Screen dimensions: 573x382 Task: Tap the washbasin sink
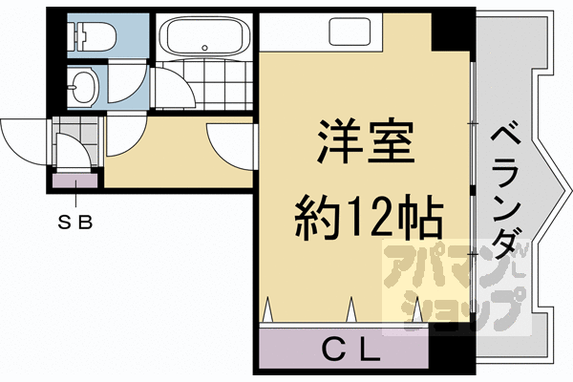(x=84, y=86)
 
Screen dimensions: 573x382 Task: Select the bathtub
(x=204, y=36)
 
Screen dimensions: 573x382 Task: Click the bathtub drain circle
(x=204, y=48)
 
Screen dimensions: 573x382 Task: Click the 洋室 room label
(x=366, y=141)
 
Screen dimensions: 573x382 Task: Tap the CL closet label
(x=350, y=350)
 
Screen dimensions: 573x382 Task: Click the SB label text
(x=75, y=222)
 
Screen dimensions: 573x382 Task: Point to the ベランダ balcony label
(x=505, y=194)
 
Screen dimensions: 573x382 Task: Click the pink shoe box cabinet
(x=75, y=180)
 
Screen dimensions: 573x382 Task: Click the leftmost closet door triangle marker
(x=268, y=309)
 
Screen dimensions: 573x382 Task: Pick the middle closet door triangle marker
(x=351, y=309)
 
